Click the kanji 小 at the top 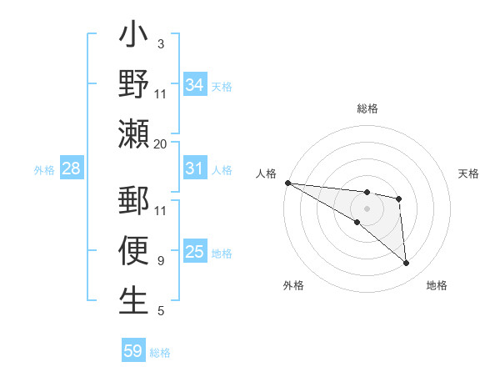click(133, 37)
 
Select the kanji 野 click(133, 85)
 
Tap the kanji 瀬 click(133, 133)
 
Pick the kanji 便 click(133, 250)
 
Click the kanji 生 click(133, 299)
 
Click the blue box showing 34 click(194, 85)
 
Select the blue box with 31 click(194, 168)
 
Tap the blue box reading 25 click(194, 252)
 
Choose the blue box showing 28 click(71, 168)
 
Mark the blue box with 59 click(133, 351)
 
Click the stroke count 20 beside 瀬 click(161, 143)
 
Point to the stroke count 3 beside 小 click(160, 44)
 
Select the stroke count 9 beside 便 click(160, 260)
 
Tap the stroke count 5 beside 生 click(160, 311)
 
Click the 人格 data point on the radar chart click(287, 183)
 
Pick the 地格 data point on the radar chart click(407, 264)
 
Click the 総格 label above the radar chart click(367, 108)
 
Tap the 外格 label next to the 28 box click(44, 170)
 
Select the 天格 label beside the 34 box click(222, 87)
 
